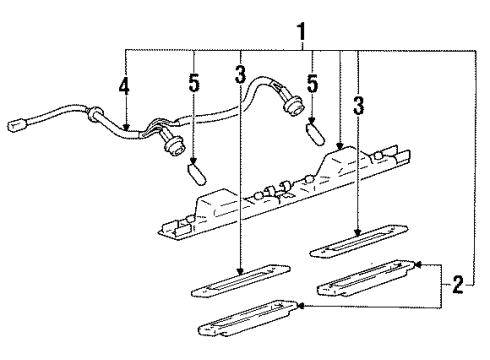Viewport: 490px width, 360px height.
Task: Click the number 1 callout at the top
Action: tap(301, 32)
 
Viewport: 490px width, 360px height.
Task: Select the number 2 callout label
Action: tap(458, 285)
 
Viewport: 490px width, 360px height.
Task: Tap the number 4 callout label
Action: tap(124, 86)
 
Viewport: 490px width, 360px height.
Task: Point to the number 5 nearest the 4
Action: tap(194, 83)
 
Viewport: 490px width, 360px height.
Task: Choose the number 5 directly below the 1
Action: tap(312, 83)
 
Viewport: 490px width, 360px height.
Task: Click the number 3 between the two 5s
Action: tap(240, 74)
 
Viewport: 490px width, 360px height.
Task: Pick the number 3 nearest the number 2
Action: tap(358, 105)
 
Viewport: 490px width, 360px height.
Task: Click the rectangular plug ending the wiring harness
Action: tap(16, 126)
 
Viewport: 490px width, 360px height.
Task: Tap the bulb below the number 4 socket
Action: tap(197, 174)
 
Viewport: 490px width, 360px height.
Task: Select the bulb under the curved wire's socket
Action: tap(315, 134)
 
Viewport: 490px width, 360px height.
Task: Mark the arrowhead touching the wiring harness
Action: tap(126, 127)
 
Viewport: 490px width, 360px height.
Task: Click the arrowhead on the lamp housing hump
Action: tap(339, 146)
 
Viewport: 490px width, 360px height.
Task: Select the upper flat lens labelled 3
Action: tap(359, 241)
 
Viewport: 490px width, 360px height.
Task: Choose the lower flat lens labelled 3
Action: tap(240, 280)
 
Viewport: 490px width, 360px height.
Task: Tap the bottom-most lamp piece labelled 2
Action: tap(248, 319)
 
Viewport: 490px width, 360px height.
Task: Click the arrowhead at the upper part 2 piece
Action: tap(417, 265)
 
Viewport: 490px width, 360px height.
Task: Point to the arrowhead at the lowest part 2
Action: tap(300, 306)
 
